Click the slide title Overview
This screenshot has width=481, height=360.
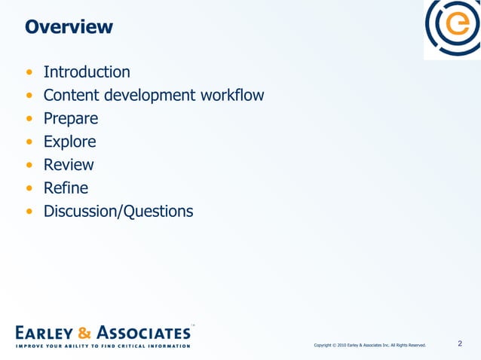(69, 27)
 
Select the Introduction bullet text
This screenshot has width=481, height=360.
(87, 72)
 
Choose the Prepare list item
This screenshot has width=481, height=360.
(71, 119)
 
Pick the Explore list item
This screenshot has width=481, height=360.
(69, 142)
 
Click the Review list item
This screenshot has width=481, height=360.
(69, 165)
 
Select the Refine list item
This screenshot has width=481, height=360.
(66, 188)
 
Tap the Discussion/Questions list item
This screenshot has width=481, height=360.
(118, 211)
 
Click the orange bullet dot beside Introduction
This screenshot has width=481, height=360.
(29, 73)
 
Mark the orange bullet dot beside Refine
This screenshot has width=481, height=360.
(29, 188)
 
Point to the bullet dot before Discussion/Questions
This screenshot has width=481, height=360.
(29, 212)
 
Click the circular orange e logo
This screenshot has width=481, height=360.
(453, 28)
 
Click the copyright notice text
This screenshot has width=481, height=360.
(369, 346)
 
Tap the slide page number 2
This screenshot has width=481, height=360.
(460, 345)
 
